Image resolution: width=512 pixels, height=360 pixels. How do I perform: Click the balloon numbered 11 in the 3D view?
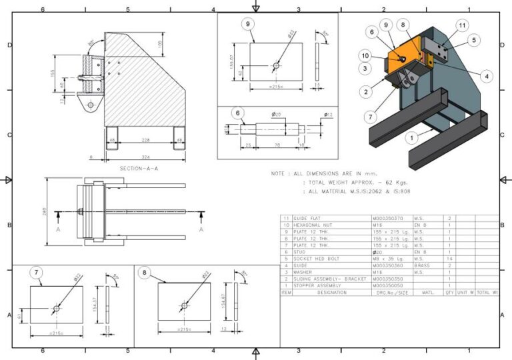pyautogui.click(x=462, y=25)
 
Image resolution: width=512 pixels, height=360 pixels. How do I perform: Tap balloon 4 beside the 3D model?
pyautogui.click(x=487, y=77)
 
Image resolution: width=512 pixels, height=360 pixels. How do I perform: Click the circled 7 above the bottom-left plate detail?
pyautogui.click(x=37, y=272)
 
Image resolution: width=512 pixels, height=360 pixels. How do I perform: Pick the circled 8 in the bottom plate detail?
pyautogui.click(x=143, y=272)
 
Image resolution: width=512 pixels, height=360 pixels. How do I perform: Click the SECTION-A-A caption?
pyautogui.click(x=138, y=169)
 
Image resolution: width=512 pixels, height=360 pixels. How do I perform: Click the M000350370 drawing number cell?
pyautogui.click(x=391, y=218)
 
